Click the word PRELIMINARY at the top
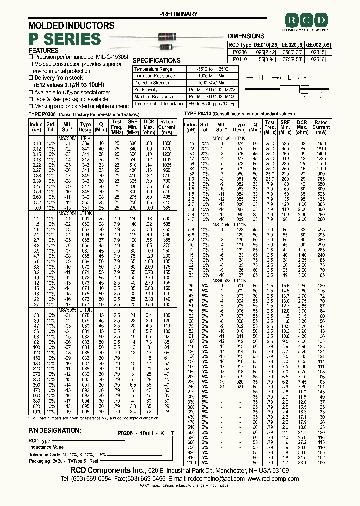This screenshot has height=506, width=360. click(x=178, y=14)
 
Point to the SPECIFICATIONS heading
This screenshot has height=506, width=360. click(x=156, y=60)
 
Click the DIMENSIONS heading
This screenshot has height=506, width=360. click(x=246, y=36)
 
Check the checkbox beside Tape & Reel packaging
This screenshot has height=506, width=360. click(x=30, y=99)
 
